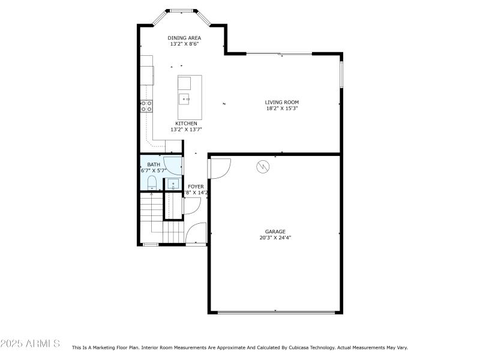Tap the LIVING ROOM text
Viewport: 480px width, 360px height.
click(282, 102)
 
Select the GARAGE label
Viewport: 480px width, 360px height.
click(275, 231)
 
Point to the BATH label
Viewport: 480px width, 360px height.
click(154, 164)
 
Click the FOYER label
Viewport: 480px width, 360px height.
click(196, 187)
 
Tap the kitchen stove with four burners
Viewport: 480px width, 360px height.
click(146, 106)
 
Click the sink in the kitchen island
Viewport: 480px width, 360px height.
click(185, 98)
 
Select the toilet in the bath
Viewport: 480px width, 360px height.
click(151, 182)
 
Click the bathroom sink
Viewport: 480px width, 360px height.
click(172, 184)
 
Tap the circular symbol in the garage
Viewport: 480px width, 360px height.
click(263, 167)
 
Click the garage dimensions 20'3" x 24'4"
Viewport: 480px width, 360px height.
click(275, 238)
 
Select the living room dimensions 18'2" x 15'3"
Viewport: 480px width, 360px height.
click(282, 109)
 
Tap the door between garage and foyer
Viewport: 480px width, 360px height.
click(219, 168)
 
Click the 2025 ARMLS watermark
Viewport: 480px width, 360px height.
click(30, 344)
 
